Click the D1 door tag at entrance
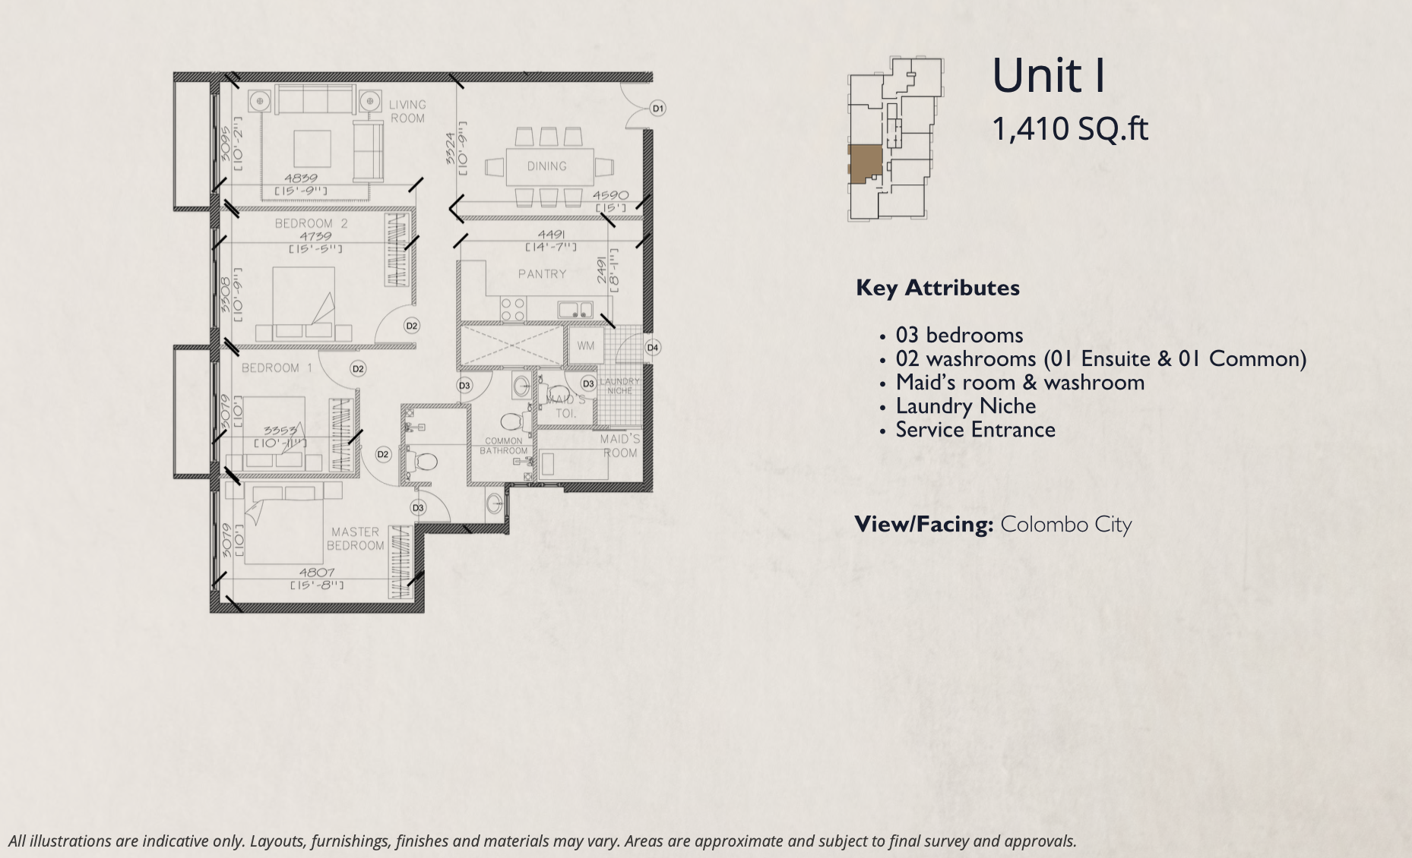(658, 109)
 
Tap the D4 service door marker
(653, 348)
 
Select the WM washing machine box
(585, 346)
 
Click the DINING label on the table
(547, 166)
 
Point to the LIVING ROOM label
(407, 112)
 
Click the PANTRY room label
(542, 274)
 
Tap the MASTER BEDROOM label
(355, 539)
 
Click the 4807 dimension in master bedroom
(317, 573)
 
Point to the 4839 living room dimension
(301, 178)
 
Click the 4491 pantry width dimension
(551, 235)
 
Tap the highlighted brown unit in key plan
(865, 164)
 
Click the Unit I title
(1049, 76)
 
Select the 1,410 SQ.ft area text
(1070, 129)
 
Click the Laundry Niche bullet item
(965, 406)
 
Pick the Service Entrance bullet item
(975, 430)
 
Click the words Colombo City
(1065, 525)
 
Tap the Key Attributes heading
(938, 288)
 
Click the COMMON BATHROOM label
(503, 446)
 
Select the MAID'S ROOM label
(619, 446)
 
